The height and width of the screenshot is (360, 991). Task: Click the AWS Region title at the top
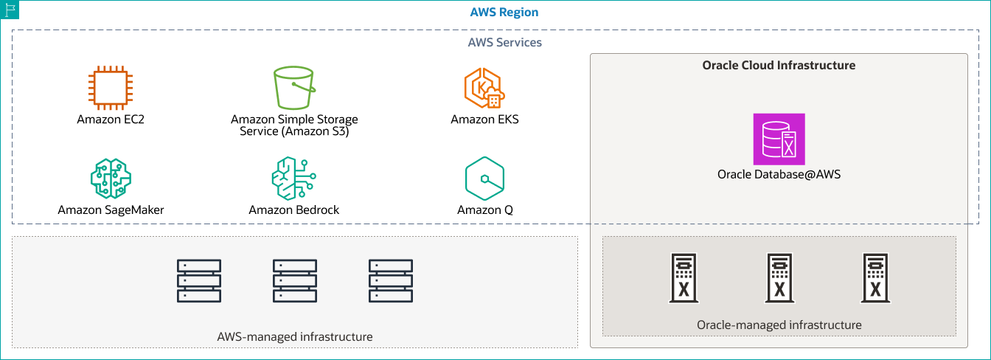504,13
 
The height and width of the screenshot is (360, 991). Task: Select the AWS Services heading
504,42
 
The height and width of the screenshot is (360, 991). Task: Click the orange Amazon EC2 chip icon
109,89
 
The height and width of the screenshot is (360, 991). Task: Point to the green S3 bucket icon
294,89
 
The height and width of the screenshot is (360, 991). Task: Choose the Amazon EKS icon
484,89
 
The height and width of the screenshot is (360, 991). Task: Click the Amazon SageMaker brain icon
110,178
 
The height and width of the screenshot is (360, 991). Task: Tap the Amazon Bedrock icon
293,178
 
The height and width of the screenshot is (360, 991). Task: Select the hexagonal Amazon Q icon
484,178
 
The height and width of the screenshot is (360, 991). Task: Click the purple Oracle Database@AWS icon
779,139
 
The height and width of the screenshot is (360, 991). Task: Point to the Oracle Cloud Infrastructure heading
779,65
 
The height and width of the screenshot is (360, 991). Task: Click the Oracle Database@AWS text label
779,175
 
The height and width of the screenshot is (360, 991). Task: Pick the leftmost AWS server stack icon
199,280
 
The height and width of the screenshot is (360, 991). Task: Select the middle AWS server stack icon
295,280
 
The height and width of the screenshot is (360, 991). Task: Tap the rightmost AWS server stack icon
391,280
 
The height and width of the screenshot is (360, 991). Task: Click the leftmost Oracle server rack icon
684,279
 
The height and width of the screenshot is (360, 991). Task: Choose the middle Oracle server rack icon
779,279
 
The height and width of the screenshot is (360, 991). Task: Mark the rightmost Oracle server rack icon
875,279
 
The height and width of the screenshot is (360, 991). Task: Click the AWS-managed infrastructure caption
295,336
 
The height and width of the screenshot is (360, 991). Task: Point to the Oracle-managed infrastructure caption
779,325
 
